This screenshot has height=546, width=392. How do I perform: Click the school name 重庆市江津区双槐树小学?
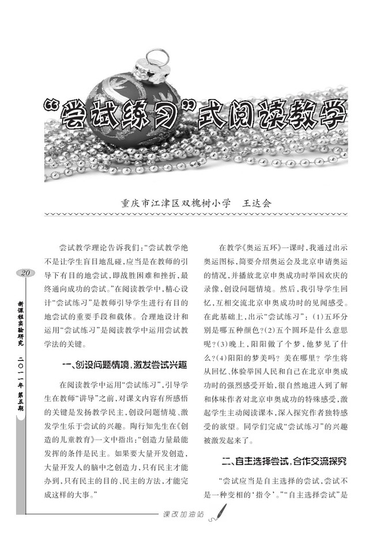pyautogui.click(x=176, y=203)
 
